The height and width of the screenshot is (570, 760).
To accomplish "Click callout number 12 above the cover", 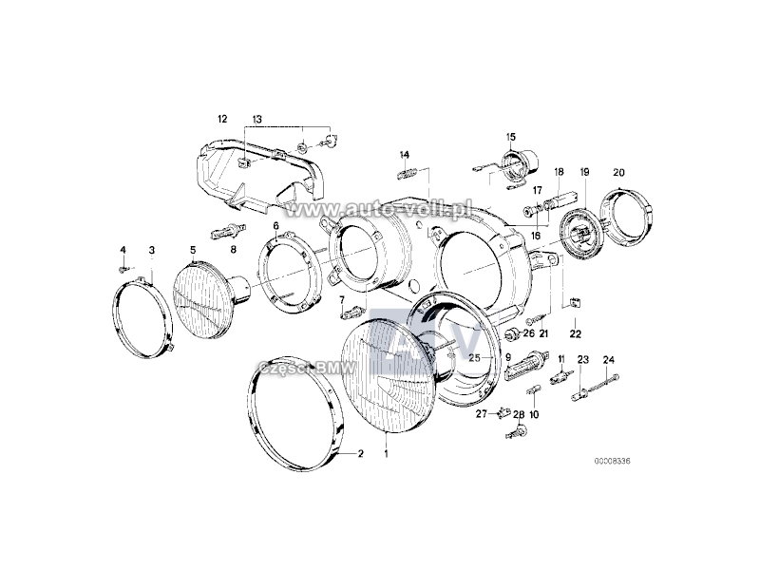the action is (x=222, y=119).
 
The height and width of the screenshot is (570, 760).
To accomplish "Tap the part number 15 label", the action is (x=511, y=137).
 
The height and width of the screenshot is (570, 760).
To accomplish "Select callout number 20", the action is (x=619, y=172).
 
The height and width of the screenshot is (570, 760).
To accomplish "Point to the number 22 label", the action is (x=576, y=334).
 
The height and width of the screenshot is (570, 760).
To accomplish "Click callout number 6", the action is (x=276, y=226).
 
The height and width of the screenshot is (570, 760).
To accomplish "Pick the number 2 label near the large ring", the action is (x=361, y=454).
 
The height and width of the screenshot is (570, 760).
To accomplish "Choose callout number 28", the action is (x=519, y=414).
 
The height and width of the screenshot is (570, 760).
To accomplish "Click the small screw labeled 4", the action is (x=123, y=267).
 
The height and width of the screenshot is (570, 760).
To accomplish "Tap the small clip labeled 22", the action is (x=575, y=303).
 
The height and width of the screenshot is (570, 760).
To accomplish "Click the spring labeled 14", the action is (x=408, y=173).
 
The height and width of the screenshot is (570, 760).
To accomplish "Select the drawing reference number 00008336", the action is (x=613, y=462).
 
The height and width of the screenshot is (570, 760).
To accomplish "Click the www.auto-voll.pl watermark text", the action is (x=378, y=209).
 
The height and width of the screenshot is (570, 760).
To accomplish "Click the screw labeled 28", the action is (x=517, y=432).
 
